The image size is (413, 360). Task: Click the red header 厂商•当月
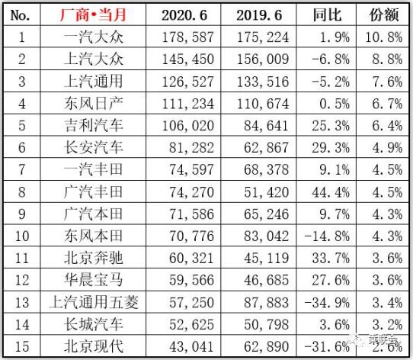[93, 14]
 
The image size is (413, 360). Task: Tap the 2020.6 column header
[184, 15]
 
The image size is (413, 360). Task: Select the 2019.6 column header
[259, 15]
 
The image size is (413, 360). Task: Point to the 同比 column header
[327, 14]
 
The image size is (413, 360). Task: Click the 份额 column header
[384, 14]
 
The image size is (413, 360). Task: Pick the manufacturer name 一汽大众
[94, 37]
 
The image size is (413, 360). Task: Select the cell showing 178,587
[187, 37]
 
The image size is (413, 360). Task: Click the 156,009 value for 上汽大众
[263, 59]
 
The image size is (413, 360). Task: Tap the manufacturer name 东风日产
[94, 104]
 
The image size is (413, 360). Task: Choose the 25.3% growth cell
[331, 126]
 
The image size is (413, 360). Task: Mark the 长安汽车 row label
[94, 147]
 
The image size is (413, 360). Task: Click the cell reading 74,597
[191, 169]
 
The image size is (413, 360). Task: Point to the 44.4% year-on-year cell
[331, 192]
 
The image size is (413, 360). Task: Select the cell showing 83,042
[266, 236]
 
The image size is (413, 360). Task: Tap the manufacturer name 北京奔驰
[94, 258]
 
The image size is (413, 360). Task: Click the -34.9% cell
[327, 303]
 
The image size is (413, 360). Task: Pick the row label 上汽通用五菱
[94, 302]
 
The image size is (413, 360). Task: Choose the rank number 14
[22, 325]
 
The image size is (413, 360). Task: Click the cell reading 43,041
[191, 347]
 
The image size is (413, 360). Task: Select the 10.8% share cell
[383, 37]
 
